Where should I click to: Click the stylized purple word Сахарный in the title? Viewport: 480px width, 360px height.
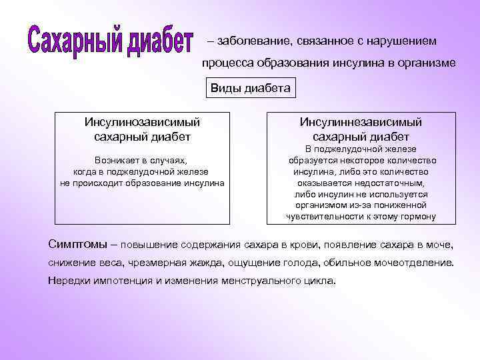coord(75,43)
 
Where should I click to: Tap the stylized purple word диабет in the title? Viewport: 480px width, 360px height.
coord(159,41)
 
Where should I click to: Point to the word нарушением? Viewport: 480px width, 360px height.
coord(406,41)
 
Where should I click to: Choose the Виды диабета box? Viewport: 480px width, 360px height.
coord(250,88)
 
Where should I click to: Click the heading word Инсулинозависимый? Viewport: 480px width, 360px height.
coord(143,122)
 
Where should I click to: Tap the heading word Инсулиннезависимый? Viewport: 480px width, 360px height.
coord(361,122)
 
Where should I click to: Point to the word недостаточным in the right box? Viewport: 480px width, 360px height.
coord(393,183)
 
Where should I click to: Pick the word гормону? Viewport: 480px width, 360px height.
coord(419,216)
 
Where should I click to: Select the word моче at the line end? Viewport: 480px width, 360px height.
coord(441,243)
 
